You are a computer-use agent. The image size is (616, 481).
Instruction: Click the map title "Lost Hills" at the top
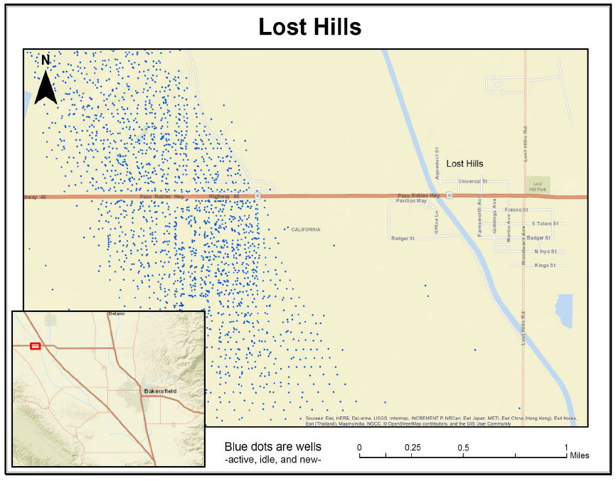tap(309, 27)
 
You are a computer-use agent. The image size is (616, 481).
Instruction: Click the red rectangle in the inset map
tap(36, 346)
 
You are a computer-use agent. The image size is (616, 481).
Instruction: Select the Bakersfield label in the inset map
tap(159, 391)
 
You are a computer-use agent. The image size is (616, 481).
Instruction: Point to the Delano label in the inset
tap(116, 313)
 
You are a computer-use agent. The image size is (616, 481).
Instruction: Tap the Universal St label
tap(472, 181)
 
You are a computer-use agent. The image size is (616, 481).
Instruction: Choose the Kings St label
tap(544, 265)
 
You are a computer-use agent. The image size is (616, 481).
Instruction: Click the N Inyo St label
tap(546, 251)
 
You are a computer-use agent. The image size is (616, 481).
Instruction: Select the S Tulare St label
tap(545, 224)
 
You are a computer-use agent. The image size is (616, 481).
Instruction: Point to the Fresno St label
tap(516, 210)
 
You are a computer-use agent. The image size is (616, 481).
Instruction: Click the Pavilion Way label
tap(411, 201)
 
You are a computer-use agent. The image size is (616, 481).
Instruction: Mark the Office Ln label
tap(437, 222)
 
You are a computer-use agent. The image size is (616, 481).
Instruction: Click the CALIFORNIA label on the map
tap(306, 229)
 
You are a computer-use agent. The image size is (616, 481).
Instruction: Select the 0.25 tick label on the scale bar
tap(413, 448)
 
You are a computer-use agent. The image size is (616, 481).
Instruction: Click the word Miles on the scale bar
tap(579, 455)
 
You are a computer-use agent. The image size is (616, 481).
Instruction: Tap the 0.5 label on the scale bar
tap(463, 448)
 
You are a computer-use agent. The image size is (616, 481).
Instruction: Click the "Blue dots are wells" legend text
tap(272, 447)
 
